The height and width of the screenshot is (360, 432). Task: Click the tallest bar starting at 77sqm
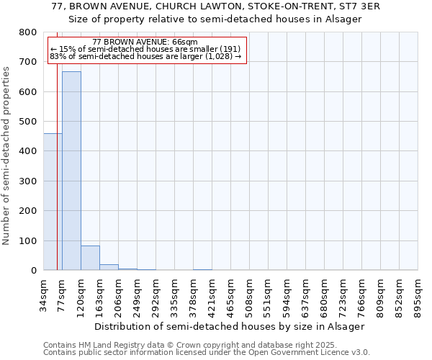point(71,171)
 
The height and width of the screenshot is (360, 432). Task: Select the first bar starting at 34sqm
point(53,202)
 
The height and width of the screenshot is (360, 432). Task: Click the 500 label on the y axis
point(28,122)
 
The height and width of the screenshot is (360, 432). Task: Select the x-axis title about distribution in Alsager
point(230,326)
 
